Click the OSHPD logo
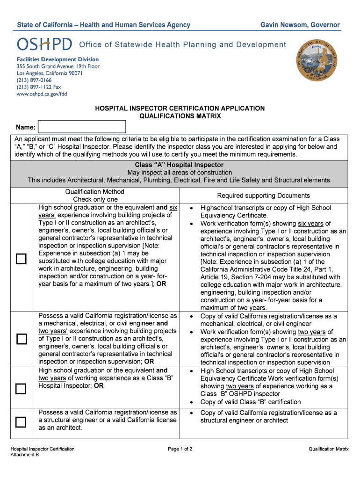44,44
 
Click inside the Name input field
82,127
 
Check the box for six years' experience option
21,259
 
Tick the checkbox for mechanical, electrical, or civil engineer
21,339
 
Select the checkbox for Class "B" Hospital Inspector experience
21,389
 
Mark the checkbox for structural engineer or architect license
21,422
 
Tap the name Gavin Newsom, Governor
300,25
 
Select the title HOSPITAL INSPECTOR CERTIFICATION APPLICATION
180,109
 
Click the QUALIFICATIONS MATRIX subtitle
180,116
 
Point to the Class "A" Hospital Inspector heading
180,165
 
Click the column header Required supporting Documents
263,196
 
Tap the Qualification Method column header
95,192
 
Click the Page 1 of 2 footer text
180,449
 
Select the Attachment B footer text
25,455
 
